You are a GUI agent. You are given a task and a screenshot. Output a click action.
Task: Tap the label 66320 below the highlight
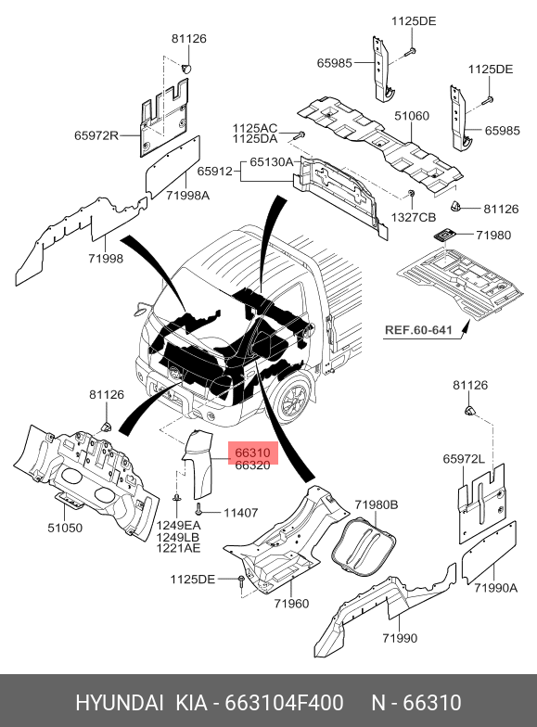pos(252,466)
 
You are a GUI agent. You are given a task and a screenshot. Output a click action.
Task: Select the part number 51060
pos(412,116)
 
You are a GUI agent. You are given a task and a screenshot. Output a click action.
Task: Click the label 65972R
pos(96,135)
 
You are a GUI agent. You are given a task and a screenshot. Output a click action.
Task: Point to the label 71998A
pos(187,196)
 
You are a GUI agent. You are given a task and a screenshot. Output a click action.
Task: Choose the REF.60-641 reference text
pos(418,330)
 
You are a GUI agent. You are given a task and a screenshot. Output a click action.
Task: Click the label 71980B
pos(377,504)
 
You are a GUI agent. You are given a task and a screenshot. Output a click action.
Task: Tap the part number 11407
pos(241,513)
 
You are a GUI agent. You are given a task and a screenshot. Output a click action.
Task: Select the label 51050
pos(65,528)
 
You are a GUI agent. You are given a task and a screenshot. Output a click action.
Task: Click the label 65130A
pos(272,162)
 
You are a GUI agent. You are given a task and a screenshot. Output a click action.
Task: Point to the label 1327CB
pos(414,217)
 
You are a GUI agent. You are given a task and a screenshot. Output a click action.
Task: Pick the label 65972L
pos(464,459)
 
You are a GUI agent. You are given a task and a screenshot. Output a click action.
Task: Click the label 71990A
pos(495,588)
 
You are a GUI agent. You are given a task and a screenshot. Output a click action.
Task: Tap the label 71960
pos(291,604)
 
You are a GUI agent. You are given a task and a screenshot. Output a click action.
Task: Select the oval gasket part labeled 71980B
pos(363,545)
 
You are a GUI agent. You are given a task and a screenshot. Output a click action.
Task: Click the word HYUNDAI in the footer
pos(119,703)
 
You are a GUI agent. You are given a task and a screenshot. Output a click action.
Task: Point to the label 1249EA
pos(178,526)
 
